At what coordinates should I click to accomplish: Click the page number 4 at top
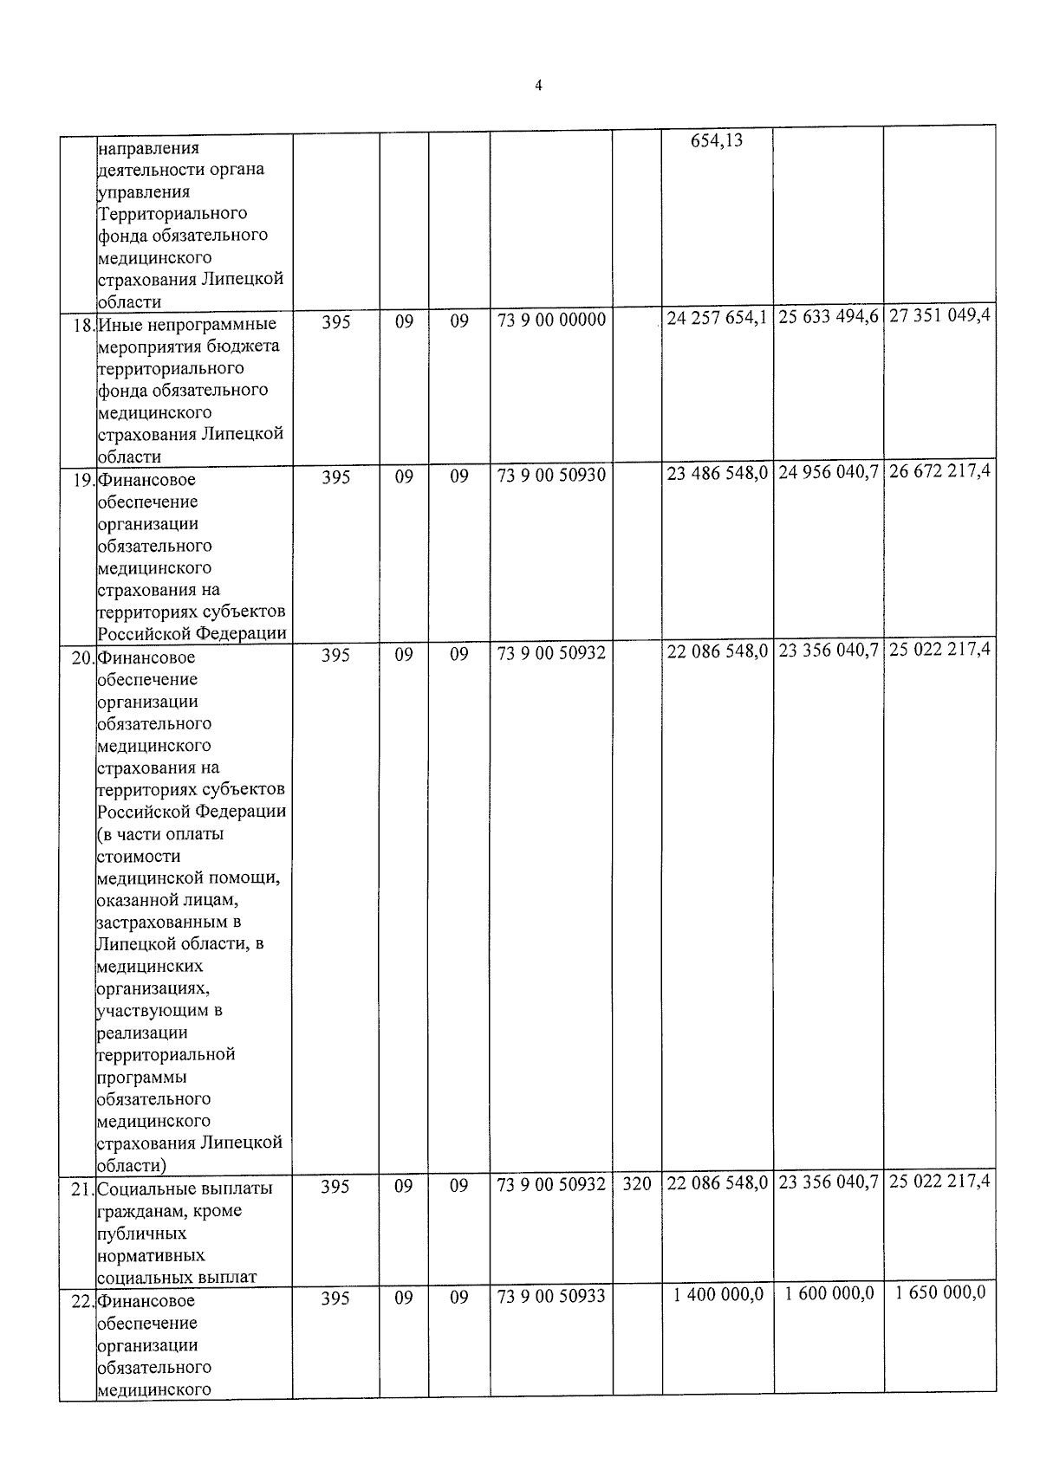point(538,86)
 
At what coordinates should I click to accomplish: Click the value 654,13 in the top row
point(717,140)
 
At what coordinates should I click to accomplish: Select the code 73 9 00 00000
point(551,321)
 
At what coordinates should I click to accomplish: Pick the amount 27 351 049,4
point(939,315)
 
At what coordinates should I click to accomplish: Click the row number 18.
point(83,326)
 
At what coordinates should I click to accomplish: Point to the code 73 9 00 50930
point(551,476)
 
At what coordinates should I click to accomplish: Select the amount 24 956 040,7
point(829,473)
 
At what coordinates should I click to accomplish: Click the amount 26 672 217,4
point(939,471)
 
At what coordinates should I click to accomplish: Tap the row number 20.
point(82,658)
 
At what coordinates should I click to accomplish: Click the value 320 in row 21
point(637,1183)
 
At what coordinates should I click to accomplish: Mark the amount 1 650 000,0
point(940,1293)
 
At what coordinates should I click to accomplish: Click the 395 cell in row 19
point(335,476)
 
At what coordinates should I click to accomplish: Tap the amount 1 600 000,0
point(829,1294)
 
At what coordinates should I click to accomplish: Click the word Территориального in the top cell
point(172,213)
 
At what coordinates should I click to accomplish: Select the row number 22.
point(82,1302)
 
